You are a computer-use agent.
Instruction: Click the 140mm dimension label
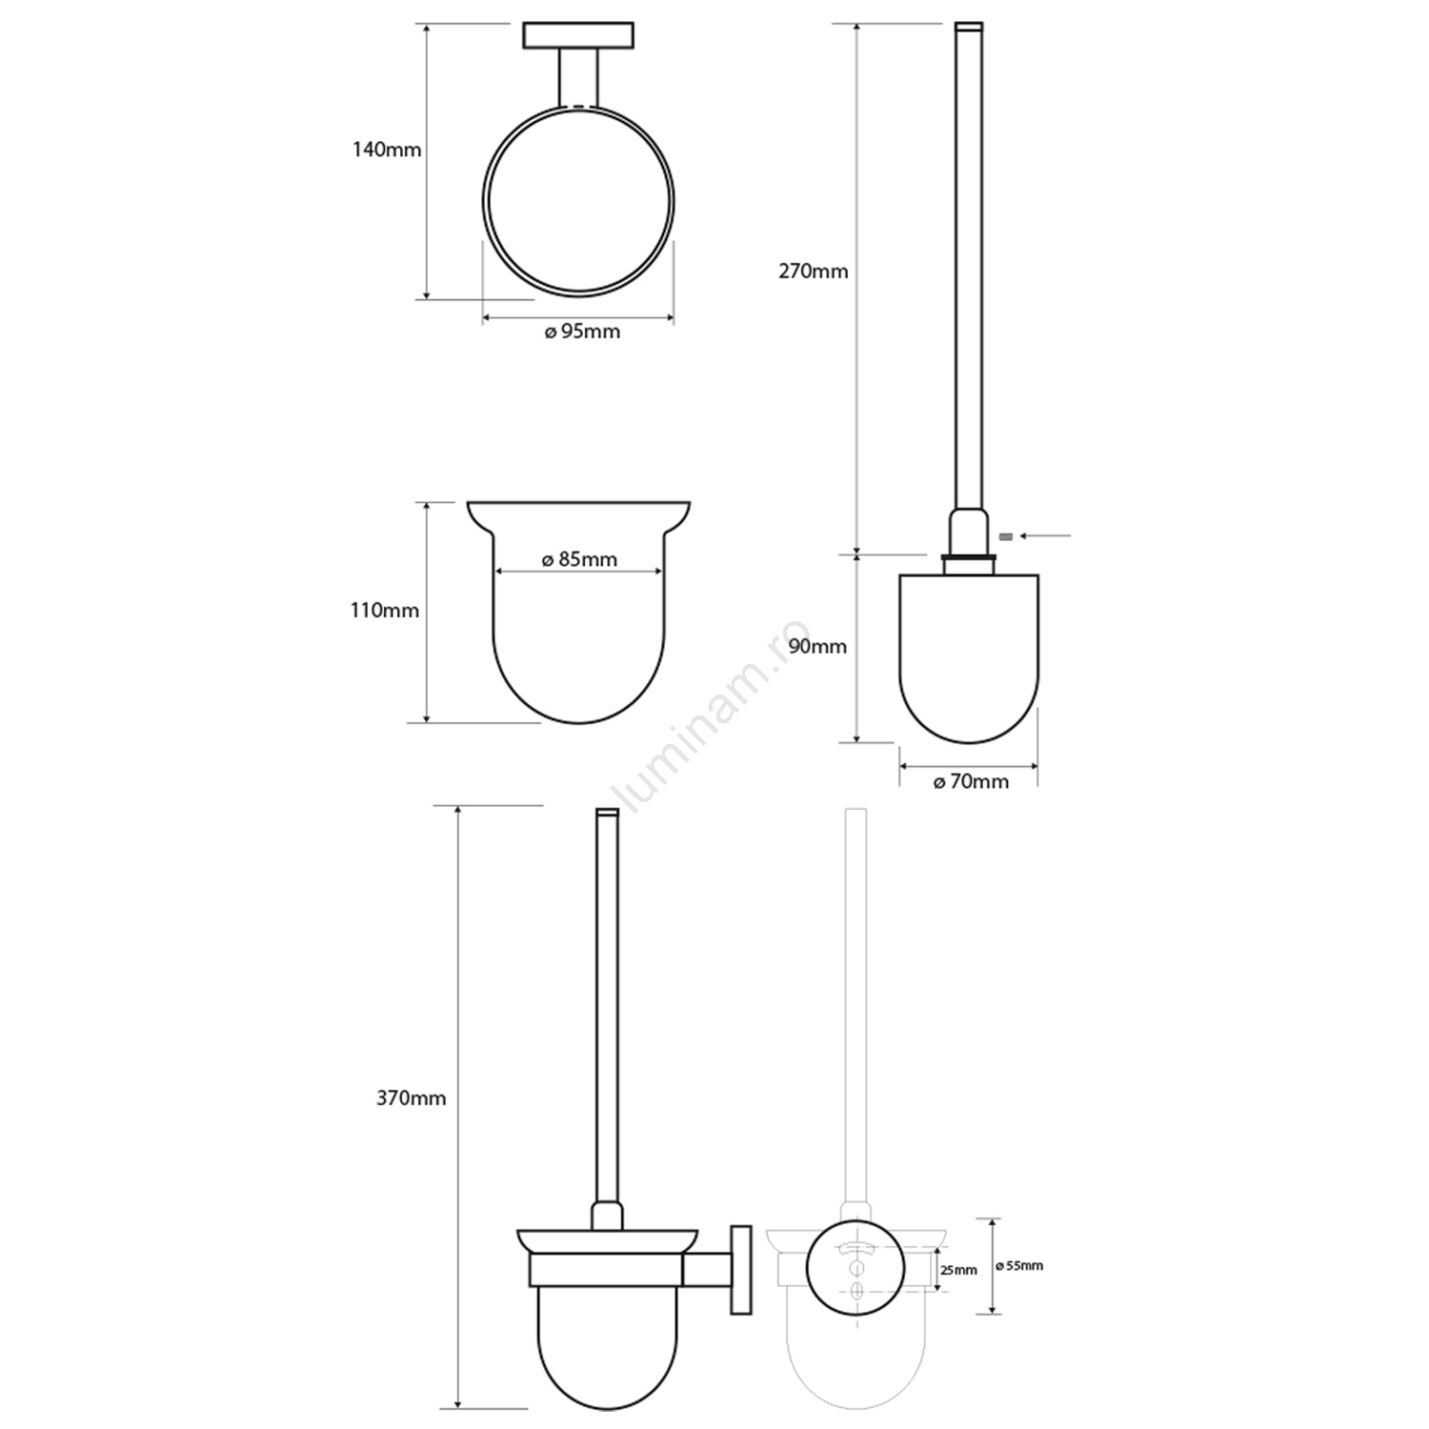pos(387,150)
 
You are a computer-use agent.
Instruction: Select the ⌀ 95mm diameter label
pos(582,332)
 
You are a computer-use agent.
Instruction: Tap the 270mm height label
pos(814,272)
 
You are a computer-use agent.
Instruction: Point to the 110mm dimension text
pos(385,610)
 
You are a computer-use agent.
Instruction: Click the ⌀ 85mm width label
pos(579,560)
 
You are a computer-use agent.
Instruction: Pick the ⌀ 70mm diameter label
pos(971,782)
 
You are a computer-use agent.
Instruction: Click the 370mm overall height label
pos(412,1098)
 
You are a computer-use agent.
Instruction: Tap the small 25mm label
pos(958,1270)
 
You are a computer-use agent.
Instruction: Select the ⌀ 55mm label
pos(1018,1266)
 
